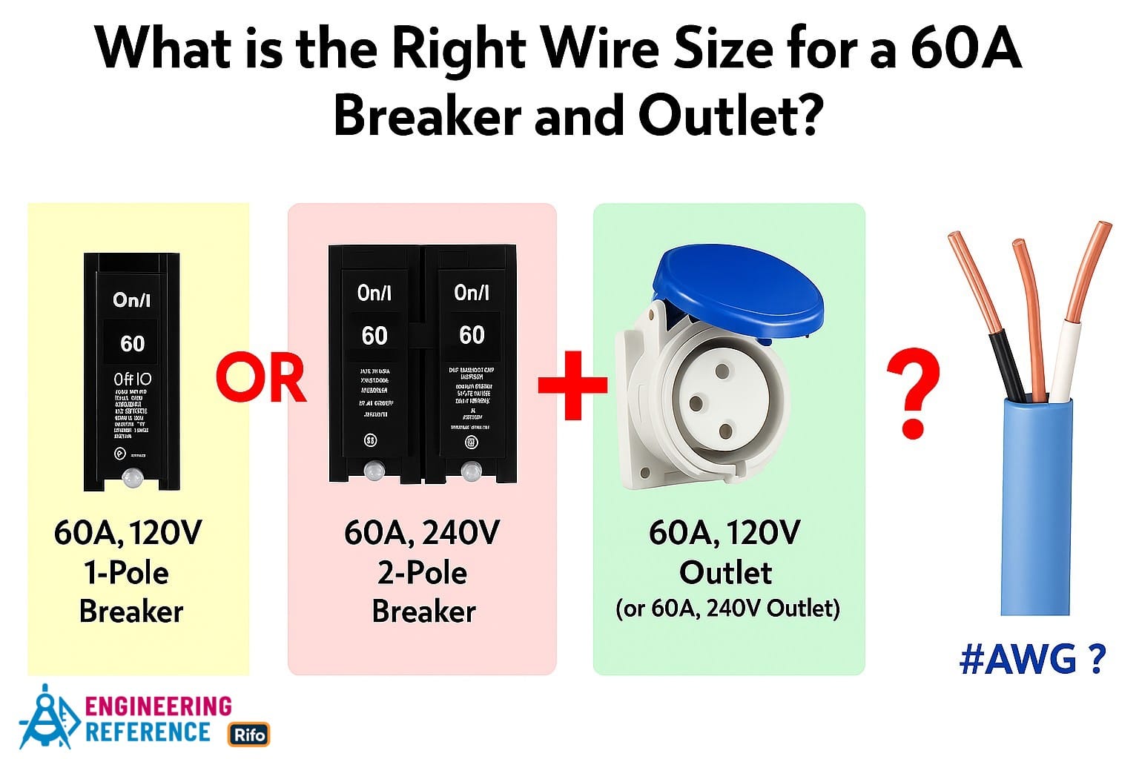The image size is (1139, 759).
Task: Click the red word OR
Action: point(261,379)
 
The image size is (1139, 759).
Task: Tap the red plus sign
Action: point(572,384)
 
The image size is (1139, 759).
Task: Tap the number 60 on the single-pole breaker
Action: point(133,343)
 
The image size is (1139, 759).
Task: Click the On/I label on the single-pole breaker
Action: point(132,299)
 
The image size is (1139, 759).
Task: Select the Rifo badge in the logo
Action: point(248,735)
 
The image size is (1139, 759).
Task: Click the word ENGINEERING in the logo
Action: point(159,705)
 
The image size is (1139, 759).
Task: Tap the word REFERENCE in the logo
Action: point(148,732)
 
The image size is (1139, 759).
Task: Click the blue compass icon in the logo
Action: point(47,717)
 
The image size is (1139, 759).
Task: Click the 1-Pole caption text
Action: point(126,573)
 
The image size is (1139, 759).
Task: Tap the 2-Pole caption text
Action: point(421,573)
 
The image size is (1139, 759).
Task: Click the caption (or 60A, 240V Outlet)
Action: point(727,609)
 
